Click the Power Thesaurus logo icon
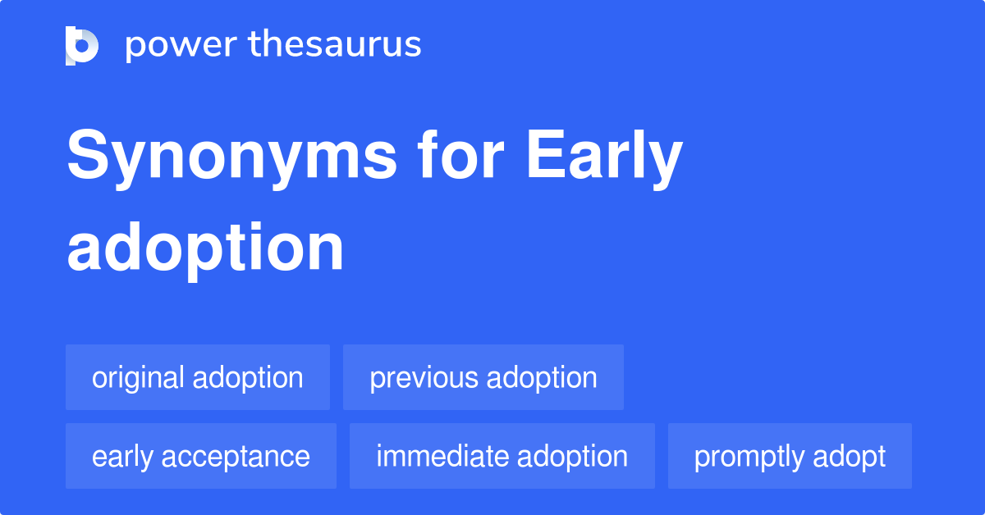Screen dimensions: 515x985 (x=82, y=45)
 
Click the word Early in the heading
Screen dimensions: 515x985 (x=604, y=157)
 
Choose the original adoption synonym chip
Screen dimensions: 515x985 (x=198, y=377)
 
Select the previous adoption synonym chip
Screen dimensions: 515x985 (x=483, y=377)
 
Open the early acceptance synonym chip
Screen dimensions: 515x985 (x=201, y=456)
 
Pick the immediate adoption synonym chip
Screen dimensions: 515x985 (x=502, y=456)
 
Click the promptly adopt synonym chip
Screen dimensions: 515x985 (x=790, y=456)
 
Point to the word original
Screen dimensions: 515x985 (x=139, y=377)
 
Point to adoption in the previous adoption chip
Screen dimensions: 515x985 (x=542, y=377)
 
